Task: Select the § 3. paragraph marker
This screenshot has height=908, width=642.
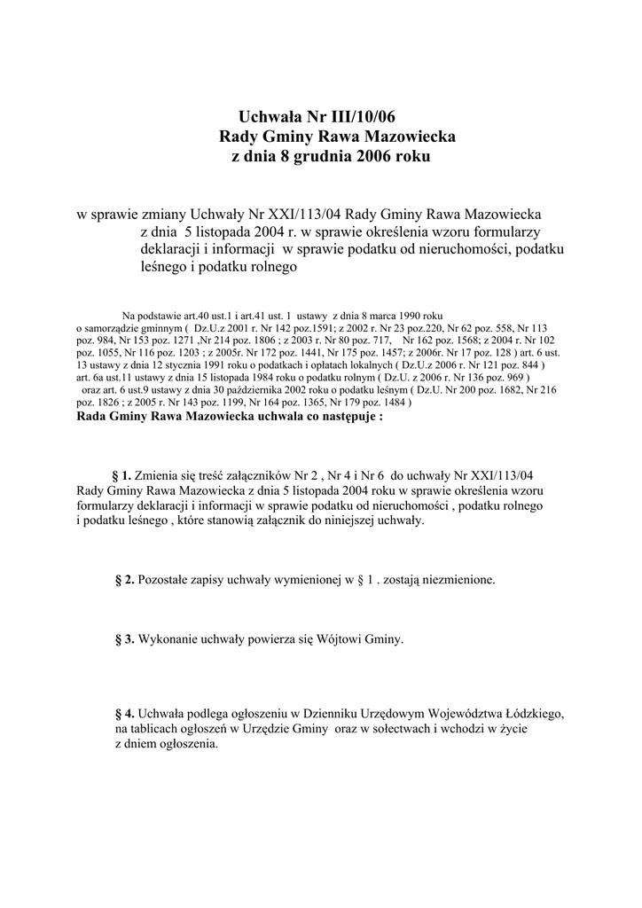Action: [x=125, y=638]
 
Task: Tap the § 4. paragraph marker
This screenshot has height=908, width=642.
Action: [x=125, y=712]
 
